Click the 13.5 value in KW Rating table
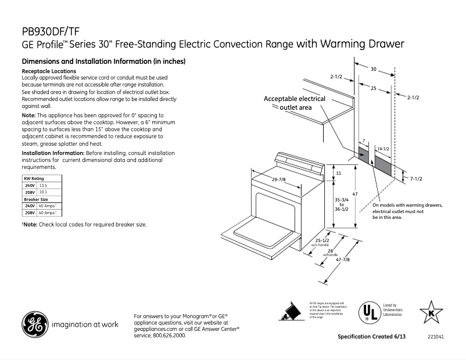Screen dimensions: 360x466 [x=43, y=185]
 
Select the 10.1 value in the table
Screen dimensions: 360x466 [x=43, y=192]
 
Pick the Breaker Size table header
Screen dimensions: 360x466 [x=35, y=199]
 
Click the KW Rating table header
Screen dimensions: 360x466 [x=34, y=178]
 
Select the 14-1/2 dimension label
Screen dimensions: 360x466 [x=382, y=150]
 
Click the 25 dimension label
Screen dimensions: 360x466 [x=373, y=88]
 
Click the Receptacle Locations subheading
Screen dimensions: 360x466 [x=48, y=71]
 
